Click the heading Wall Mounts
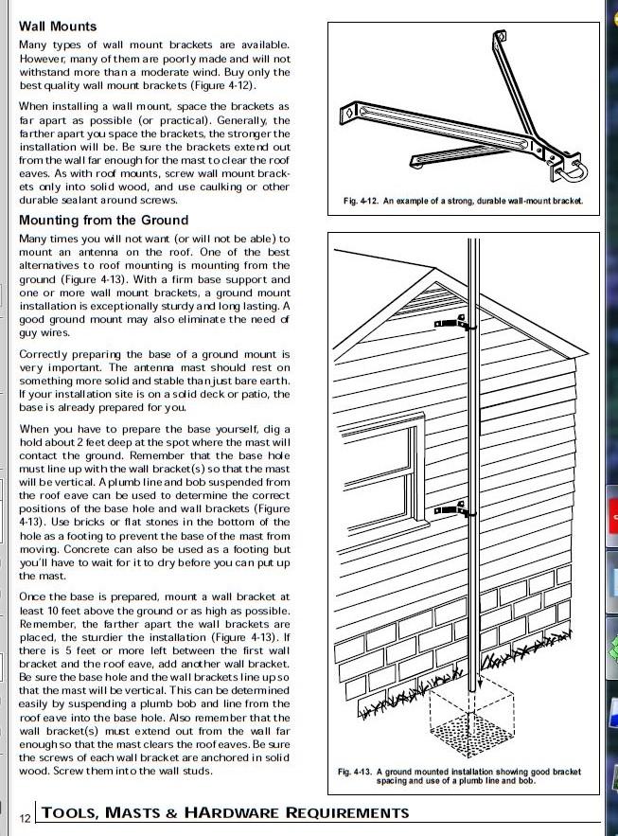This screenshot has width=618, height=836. tap(58, 27)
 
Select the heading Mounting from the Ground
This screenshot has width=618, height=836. tap(104, 221)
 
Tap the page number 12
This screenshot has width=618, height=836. tap(26, 816)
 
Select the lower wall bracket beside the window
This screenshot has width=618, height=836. tap(452, 515)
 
